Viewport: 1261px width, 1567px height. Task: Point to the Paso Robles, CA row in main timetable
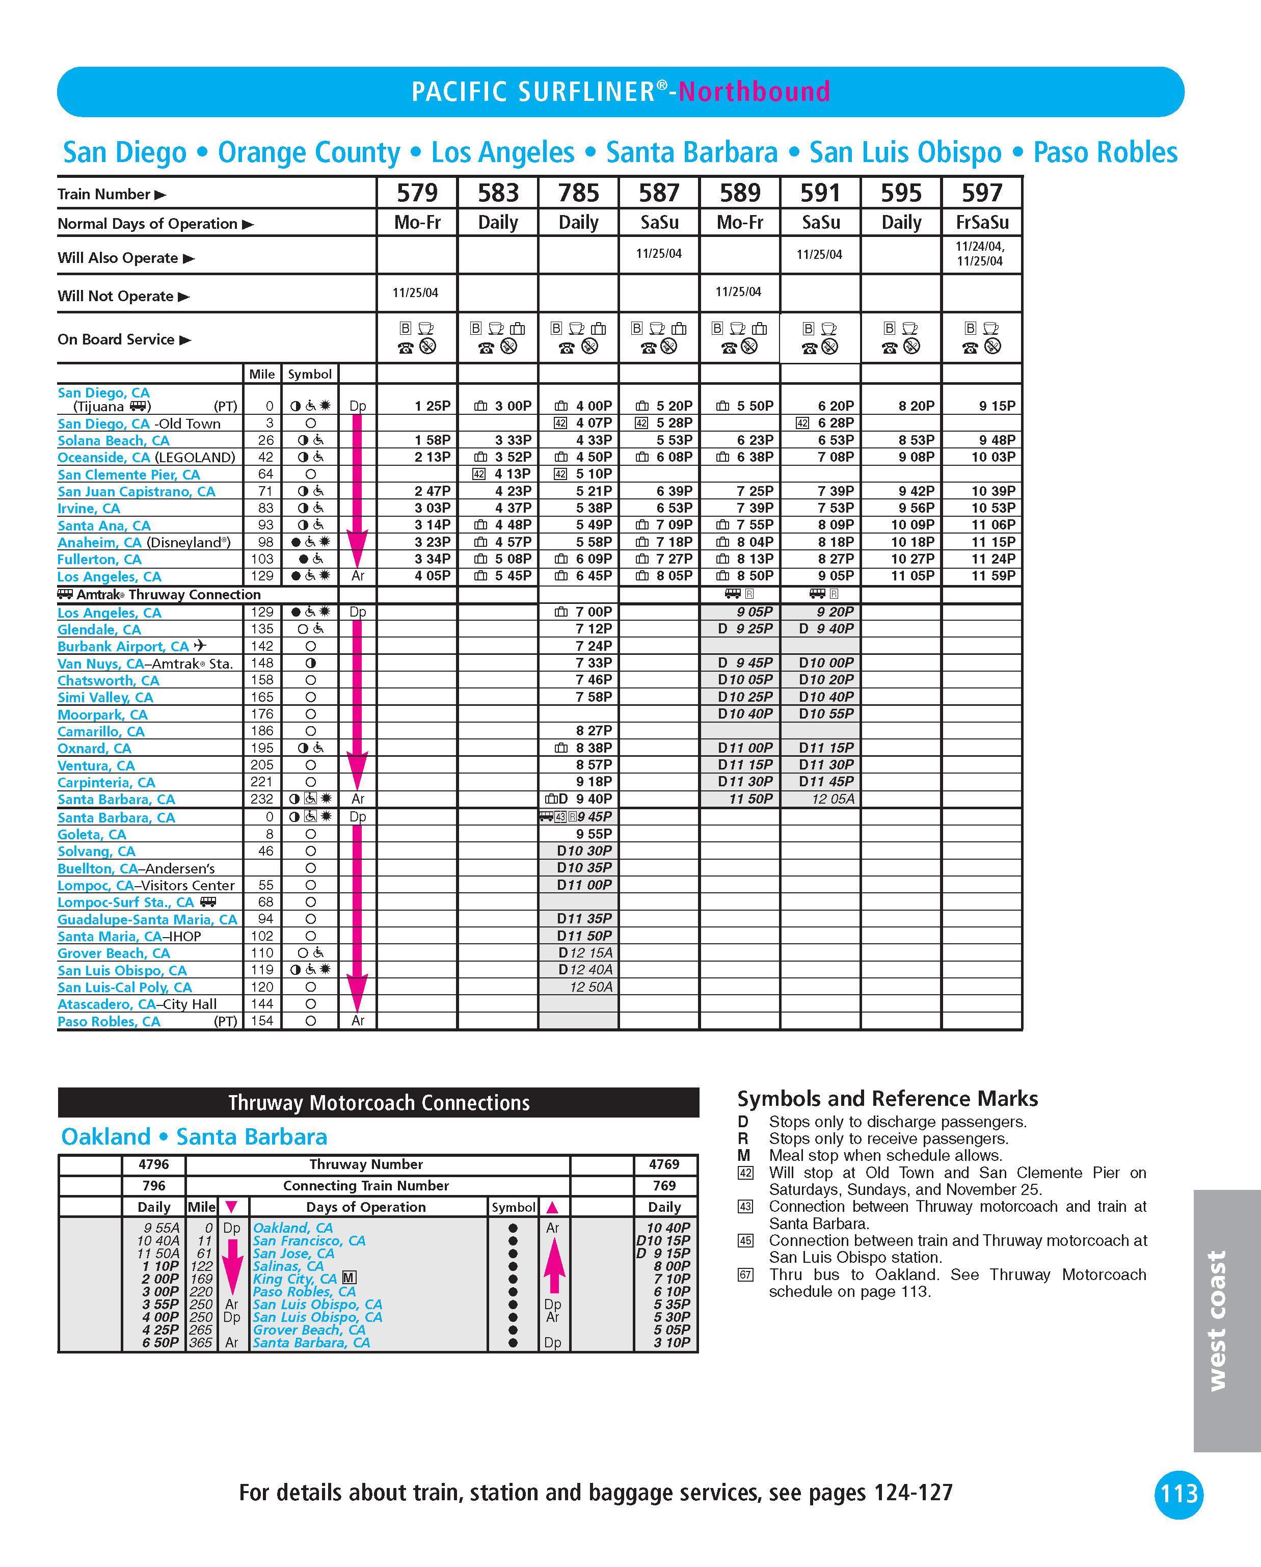pyautogui.click(x=109, y=1021)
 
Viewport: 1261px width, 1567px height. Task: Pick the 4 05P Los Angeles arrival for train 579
pyautogui.click(x=433, y=576)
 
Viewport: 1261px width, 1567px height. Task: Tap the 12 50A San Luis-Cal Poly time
pyautogui.click(x=591, y=987)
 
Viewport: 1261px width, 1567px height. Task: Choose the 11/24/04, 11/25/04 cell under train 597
pyautogui.click(x=980, y=254)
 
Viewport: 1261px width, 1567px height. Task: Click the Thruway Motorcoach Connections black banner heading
pyautogui.click(x=378, y=1103)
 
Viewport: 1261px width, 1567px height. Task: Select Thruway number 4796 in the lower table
pyautogui.click(x=154, y=1164)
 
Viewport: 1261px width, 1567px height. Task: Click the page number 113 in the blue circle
pyautogui.click(x=1178, y=1494)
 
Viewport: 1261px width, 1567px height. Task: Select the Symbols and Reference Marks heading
pyautogui.click(x=888, y=1098)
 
